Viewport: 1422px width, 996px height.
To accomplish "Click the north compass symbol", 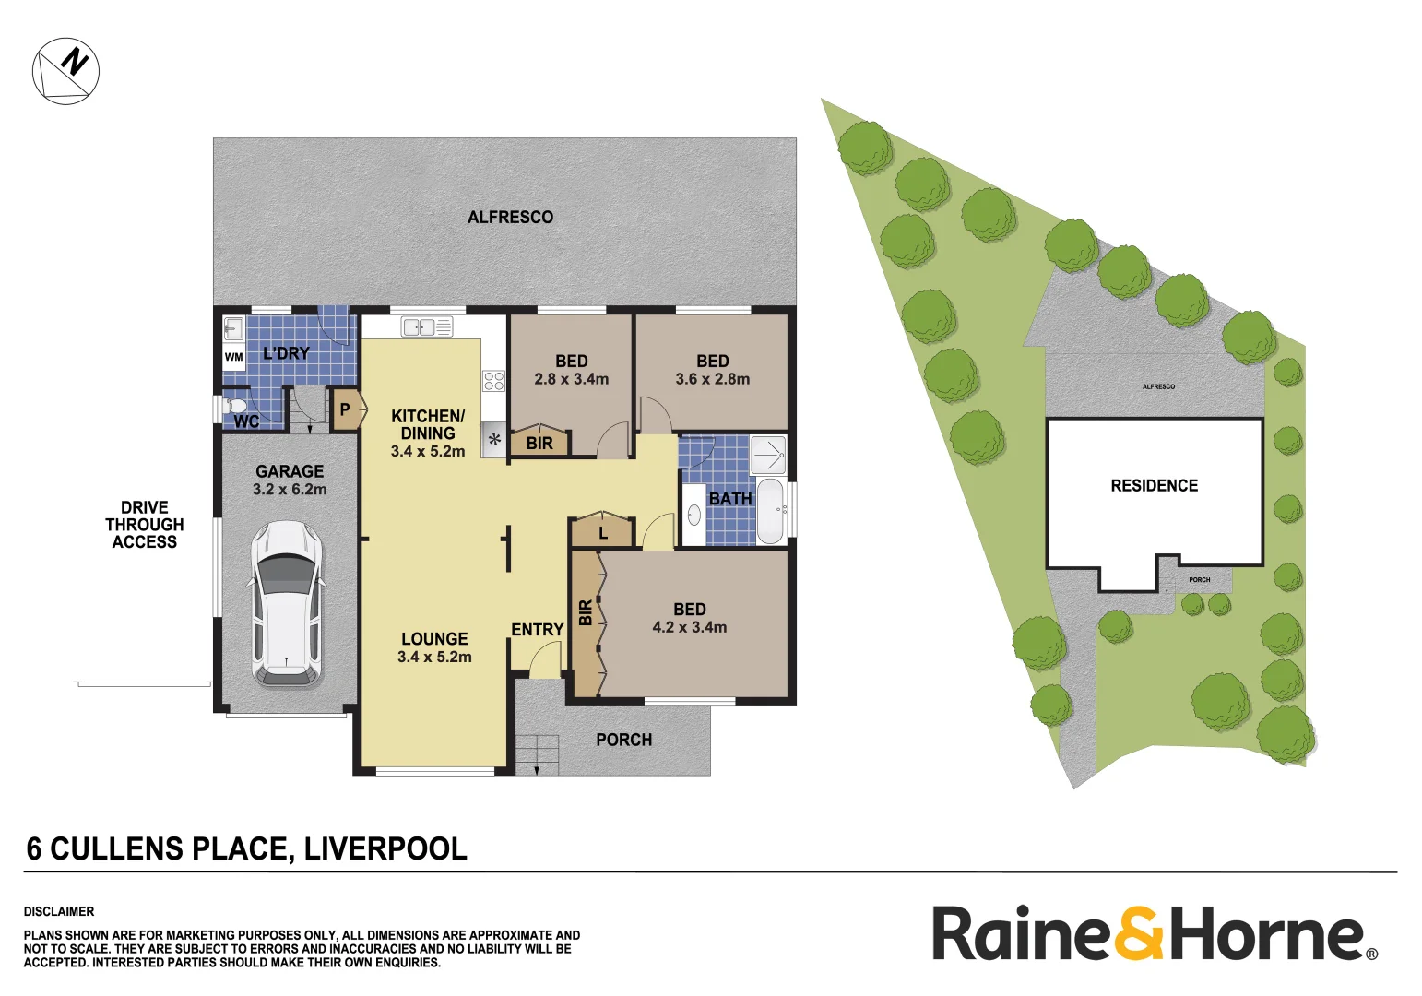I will tap(65, 71).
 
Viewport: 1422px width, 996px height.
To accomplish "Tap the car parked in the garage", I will tap(288, 603).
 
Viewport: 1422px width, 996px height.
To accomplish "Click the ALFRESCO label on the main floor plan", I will tap(510, 218).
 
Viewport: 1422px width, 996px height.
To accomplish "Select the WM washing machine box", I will tap(234, 357).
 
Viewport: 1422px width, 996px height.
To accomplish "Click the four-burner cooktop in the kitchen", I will tap(493, 380).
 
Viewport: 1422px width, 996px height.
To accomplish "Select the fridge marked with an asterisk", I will tap(494, 440).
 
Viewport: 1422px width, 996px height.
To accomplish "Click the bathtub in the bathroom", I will tap(770, 510).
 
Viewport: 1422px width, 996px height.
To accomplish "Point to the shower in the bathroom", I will tap(768, 455).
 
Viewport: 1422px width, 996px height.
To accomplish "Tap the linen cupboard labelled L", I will tap(603, 533).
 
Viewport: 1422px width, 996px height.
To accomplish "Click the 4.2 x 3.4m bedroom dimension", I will tap(690, 627).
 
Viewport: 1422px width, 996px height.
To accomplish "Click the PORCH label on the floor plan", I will tap(623, 740).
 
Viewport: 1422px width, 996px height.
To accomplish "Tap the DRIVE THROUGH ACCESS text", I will tap(144, 525).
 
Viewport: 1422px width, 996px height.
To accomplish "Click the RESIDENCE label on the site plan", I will tap(1154, 486).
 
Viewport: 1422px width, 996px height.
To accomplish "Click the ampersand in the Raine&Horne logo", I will tap(1140, 933).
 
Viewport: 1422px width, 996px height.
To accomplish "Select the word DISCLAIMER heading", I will tap(59, 911).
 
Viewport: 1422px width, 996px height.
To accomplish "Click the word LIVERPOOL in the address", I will tap(385, 848).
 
